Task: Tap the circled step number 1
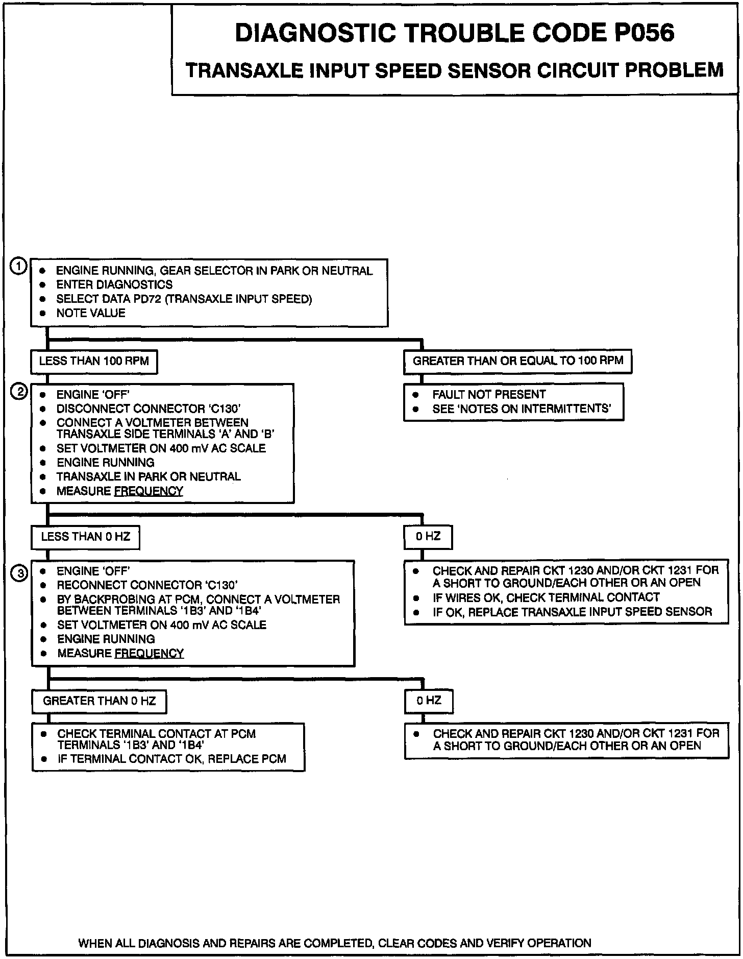click(19, 267)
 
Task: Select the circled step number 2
click(19, 392)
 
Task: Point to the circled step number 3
click(19, 574)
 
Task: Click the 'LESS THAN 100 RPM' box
click(94, 362)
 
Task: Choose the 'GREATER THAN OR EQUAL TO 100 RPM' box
click(517, 361)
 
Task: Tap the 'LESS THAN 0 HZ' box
click(85, 537)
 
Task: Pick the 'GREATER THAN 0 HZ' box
click(99, 701)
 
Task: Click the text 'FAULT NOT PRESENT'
click(489, 394)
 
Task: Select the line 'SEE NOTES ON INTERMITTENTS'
click(522, 409)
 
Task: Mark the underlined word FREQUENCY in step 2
click(148, 491)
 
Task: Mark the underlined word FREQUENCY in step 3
click(149, 653)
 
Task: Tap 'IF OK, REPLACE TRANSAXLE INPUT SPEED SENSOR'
click(572, 612)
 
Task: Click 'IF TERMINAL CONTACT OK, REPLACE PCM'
click(171, 759)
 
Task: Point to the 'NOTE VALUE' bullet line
click(90, 313)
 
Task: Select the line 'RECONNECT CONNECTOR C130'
click(147, 585)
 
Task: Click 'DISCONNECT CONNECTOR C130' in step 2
click(148, 409)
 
